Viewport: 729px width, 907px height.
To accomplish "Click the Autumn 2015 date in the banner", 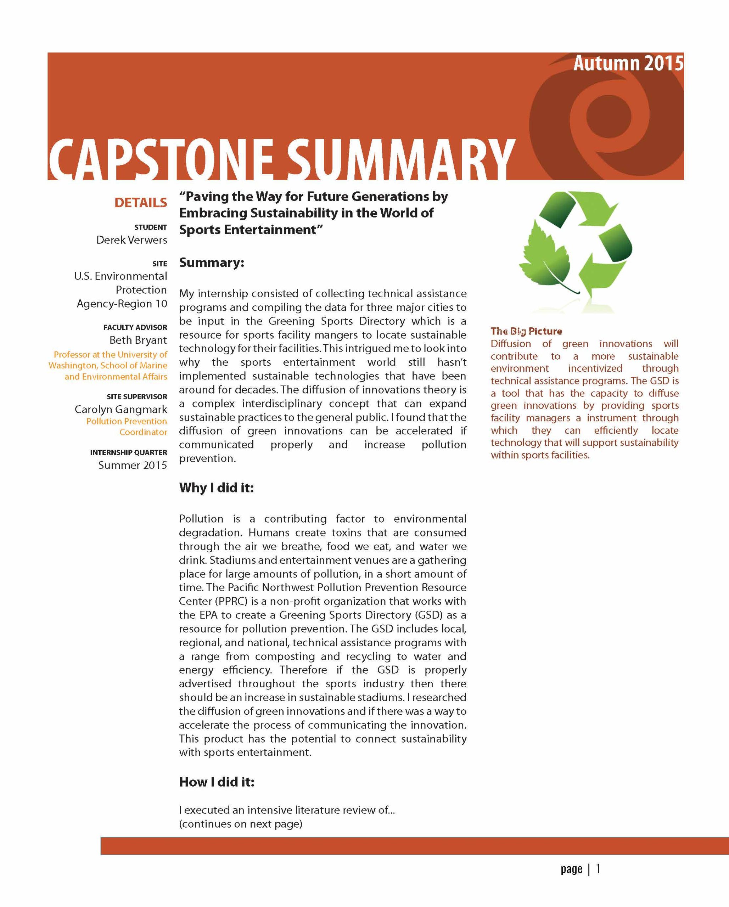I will [x=628, y=63].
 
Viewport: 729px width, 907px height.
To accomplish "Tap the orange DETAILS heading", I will [x=141, y=203].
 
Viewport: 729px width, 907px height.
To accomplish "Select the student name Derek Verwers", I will [x=131, y=240].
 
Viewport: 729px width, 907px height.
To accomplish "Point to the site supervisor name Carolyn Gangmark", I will [x=121, y=409].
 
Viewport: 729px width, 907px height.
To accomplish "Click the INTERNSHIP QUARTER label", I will [x=128, y=453].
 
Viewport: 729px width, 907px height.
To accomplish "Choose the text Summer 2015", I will [x=133, y=465].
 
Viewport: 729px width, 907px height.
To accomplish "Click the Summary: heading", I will [x=211, y=263].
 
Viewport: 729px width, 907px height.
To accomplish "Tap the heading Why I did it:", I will [x=216, y=488].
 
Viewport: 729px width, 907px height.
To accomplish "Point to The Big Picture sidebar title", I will [x=526, y=331].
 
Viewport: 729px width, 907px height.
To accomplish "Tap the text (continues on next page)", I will [x=240, y=824].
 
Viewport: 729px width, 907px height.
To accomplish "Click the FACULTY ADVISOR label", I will [x=135, y=327].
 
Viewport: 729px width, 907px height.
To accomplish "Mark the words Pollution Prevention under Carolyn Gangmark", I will [x=126, y=421].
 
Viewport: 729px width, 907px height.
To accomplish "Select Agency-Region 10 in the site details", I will [x=122, y=304].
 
